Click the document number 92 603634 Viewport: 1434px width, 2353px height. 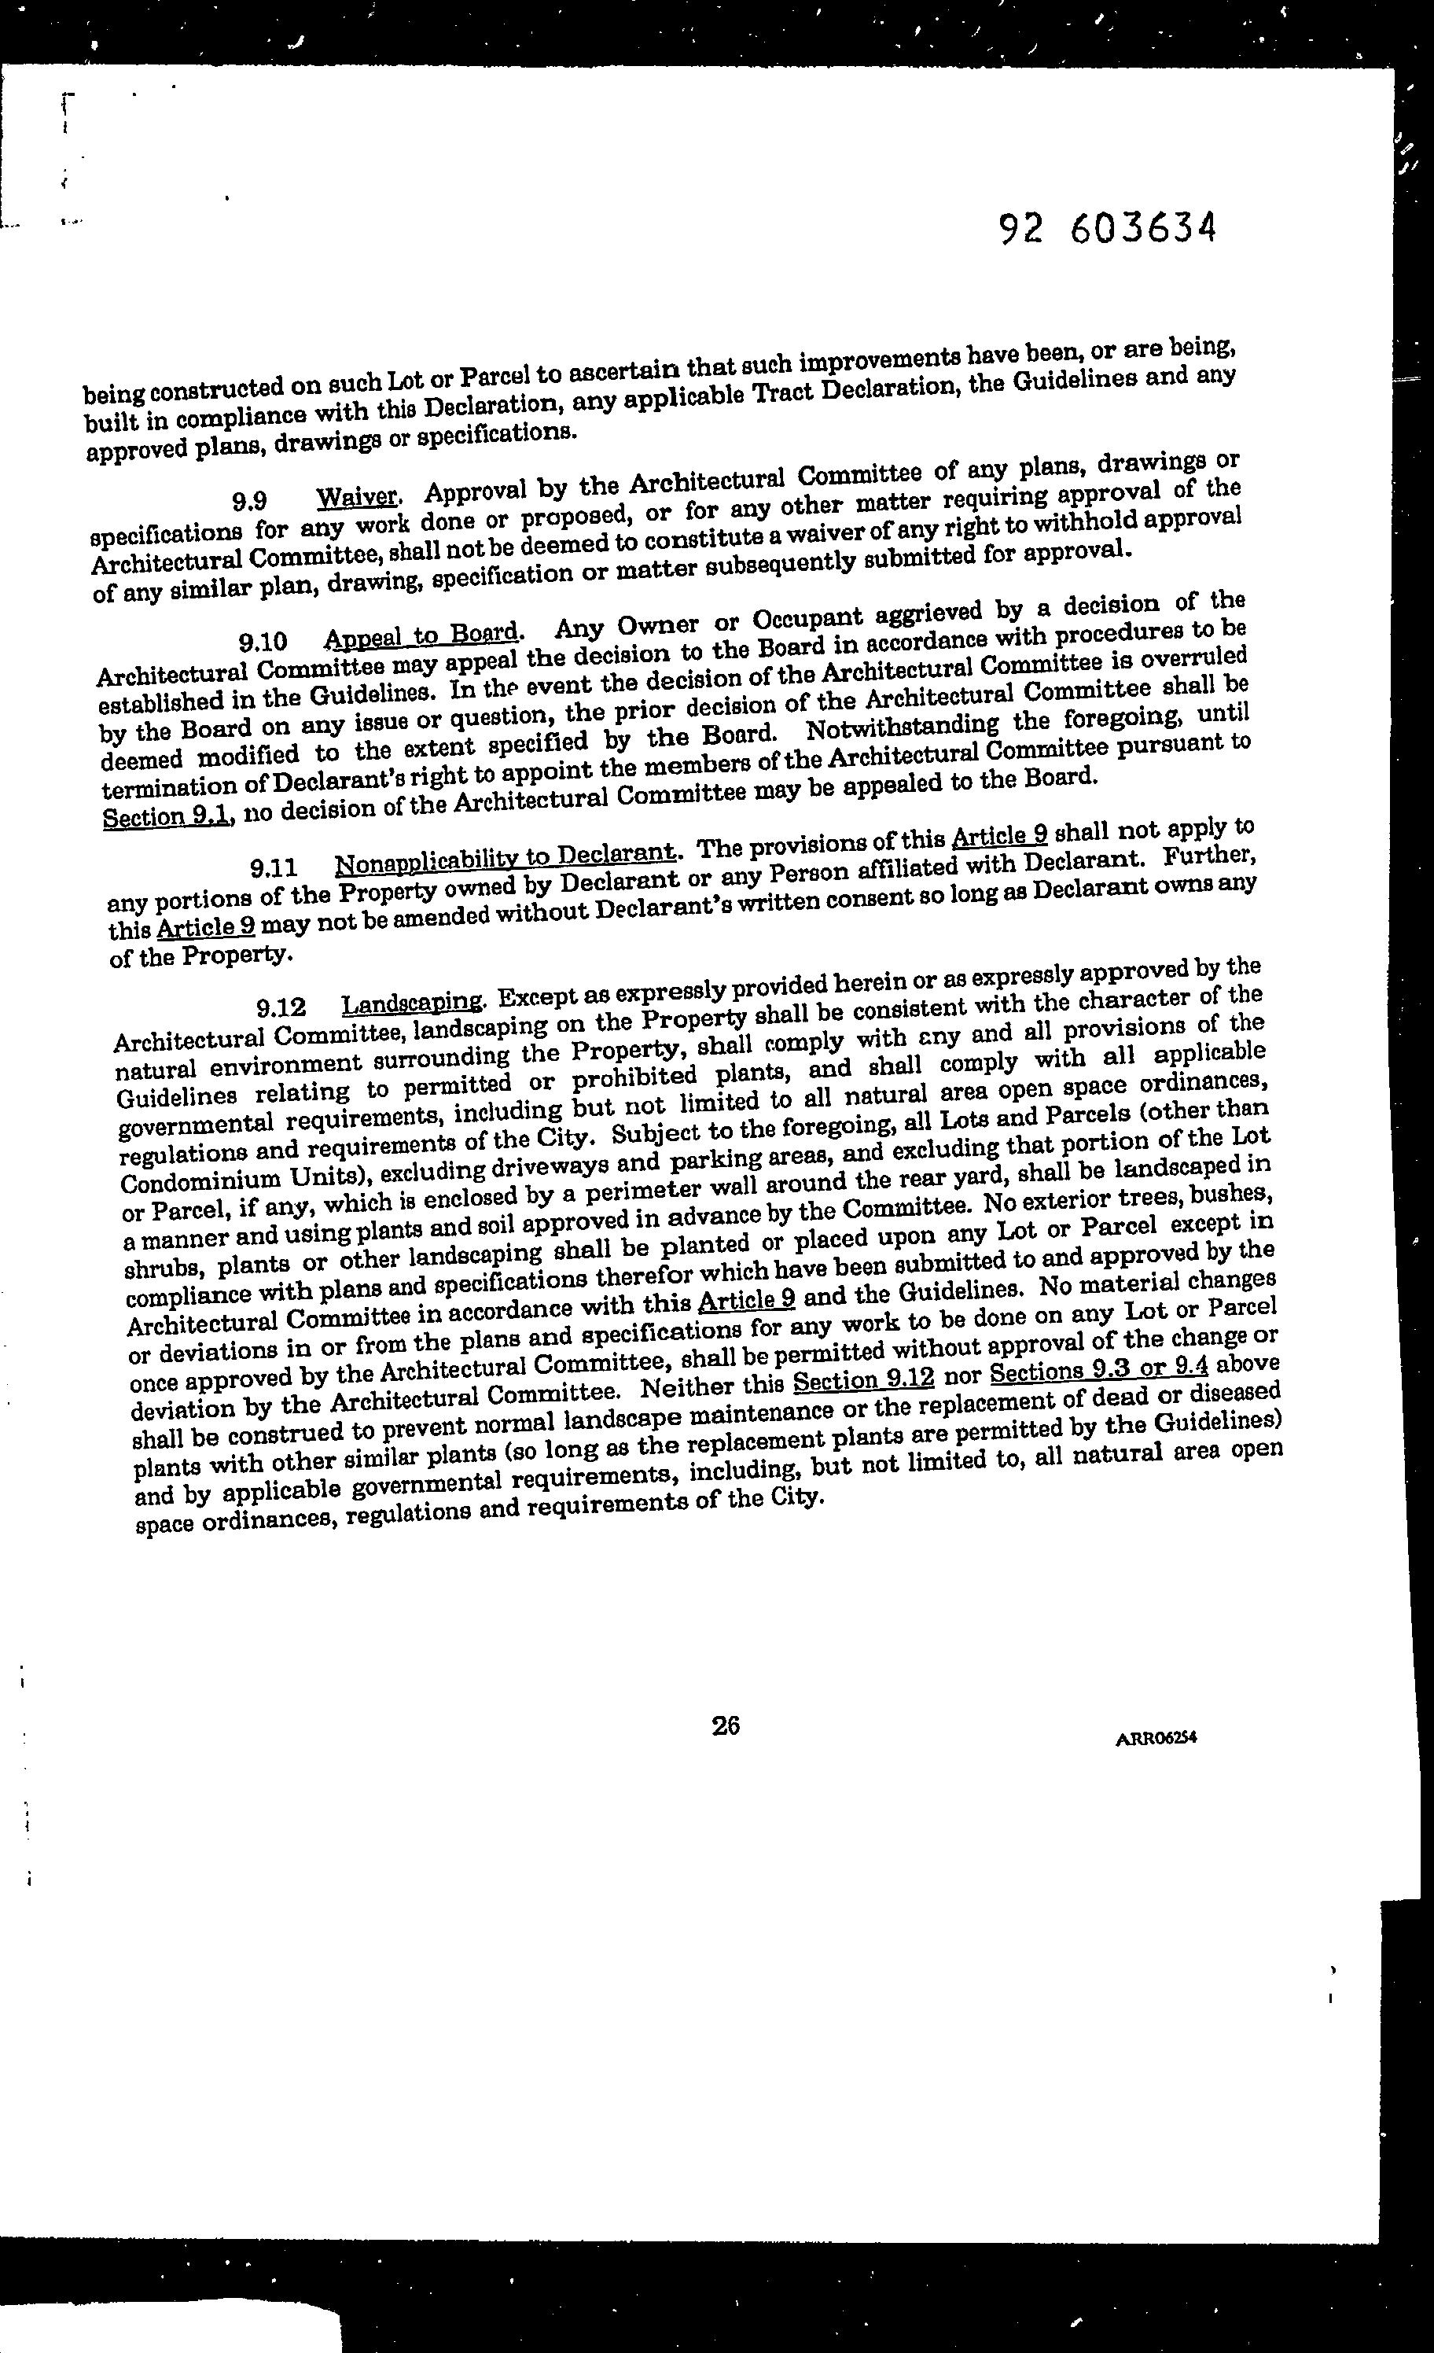(x=1108, y=228)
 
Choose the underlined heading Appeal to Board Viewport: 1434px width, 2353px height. (x=422, y=635)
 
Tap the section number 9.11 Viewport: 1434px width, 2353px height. (x=274, y=868)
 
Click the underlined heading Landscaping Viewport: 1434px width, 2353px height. (x=414, y=1003)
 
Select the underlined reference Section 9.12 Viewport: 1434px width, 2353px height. (x=863, y=1382)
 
